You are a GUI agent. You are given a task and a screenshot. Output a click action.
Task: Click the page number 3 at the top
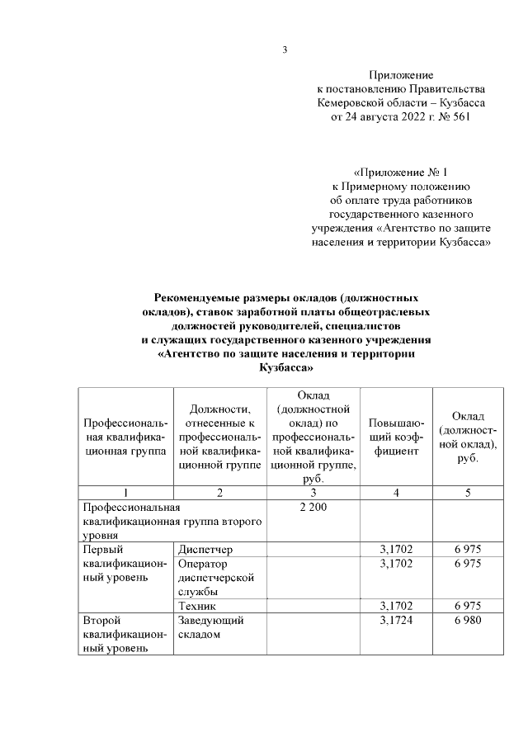tap(285, 50)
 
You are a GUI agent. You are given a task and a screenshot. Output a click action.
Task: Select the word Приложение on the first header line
tap(401, 75)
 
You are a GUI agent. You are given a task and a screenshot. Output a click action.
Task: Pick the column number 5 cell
tap(468, 493)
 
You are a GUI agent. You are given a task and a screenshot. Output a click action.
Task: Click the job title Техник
tap(197, 605)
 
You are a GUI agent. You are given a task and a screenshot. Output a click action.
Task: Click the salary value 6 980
tap(468, 619)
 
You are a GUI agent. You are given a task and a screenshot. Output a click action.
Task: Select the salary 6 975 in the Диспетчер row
tap(468, 549)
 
